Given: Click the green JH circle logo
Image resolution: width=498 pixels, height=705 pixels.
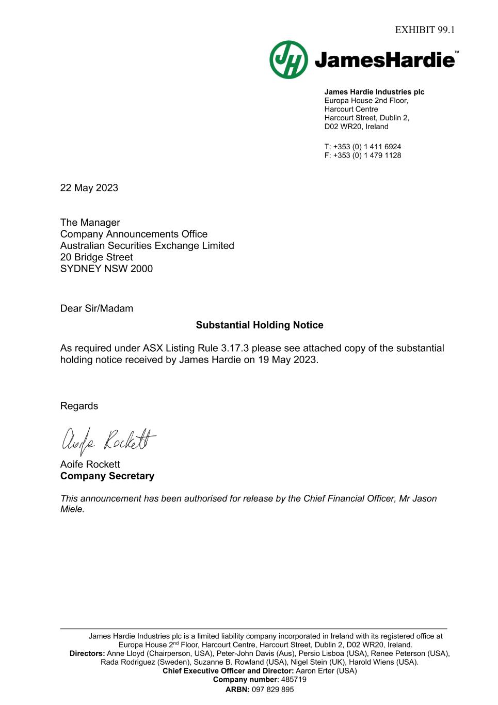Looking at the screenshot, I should pos(288,60).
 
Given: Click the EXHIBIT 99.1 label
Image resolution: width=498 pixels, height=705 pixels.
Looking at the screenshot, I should pos(425,30).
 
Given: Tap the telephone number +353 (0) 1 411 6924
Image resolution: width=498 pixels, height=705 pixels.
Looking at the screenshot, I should pos(367,147).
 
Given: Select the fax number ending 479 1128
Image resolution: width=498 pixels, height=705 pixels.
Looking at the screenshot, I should pos(367,155).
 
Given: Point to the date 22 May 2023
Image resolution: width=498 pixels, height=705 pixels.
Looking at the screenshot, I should pos(89,188).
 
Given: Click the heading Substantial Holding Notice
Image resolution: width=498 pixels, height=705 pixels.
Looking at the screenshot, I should pos(260,325).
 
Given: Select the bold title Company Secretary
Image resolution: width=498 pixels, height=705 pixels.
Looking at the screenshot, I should pos(107,476).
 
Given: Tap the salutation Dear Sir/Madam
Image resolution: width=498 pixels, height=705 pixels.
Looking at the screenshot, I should pos(97,308).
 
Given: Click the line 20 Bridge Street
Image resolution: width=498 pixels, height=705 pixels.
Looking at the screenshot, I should pos(97,257).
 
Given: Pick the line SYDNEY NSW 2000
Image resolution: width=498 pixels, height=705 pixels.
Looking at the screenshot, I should pos(106,269).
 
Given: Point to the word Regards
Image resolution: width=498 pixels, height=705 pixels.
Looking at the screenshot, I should pos(79,406).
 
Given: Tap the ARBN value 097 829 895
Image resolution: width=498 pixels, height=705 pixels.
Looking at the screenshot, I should pos(272,690).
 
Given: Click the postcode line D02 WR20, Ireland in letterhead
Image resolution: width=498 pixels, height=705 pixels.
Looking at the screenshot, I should pos(356,127).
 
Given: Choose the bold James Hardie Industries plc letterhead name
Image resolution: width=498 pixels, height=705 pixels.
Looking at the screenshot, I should pos(374,92).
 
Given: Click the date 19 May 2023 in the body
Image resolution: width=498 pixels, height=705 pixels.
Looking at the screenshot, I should pos(287,359).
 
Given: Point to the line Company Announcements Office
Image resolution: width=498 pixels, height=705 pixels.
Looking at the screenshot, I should pos(134,234).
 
